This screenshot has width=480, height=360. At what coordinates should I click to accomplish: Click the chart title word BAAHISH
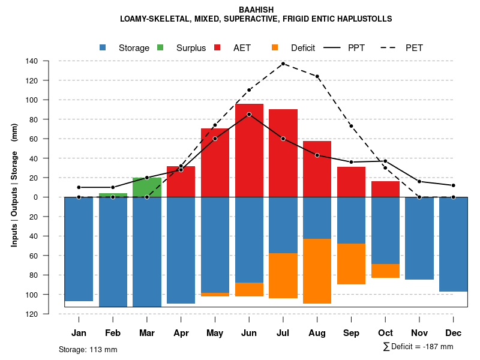pyautogui.click(x=256, y=10)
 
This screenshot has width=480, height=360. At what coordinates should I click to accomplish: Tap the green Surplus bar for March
pyautogui.click(x=147, y=187)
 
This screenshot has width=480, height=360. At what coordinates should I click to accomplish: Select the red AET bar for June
pyautogui.click(x=249, y=150)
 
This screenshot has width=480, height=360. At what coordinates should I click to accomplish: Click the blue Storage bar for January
pyautogui.click(x=79, y=249)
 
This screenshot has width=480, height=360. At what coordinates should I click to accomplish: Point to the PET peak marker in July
pyautogui.click(x=283, y=64)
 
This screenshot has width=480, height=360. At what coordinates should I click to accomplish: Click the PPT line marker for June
pyautogui.click(x=249, y=114)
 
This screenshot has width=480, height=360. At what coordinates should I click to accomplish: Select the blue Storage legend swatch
pyautogui.click(x=103, y=47)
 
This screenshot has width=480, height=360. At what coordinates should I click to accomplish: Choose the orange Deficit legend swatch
pyautogui.click(x=275, y=47)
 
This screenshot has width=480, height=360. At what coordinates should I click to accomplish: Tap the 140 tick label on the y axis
pyautogui.click(x=32, y=61)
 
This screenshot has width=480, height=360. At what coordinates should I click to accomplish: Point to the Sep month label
pyautogui.click(x=352, y=333)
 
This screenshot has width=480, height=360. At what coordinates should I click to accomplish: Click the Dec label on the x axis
pyautogui.click(x=454, y=333)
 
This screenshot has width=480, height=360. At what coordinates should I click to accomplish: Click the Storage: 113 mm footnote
pyautogui.click(x=88, y=349)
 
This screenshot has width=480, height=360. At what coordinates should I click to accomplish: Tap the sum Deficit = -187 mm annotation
pyautogui.click(x=418, y=346)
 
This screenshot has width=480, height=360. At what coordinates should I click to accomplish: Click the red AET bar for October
pyautogui.click(x=386, y=189)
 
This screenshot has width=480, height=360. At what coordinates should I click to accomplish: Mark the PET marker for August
pyautogui.click(x=317, y=76)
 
